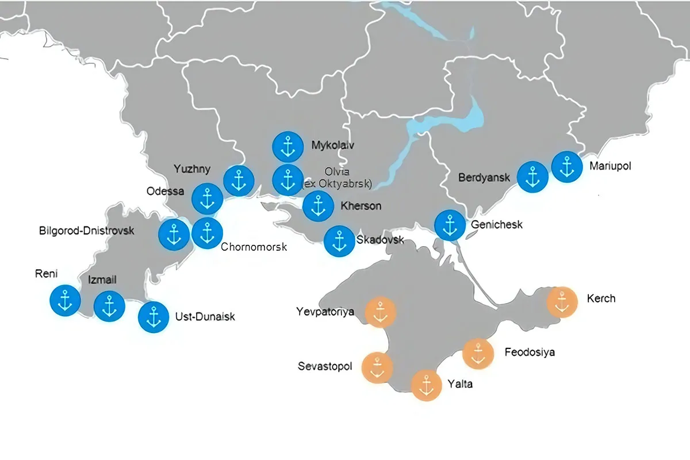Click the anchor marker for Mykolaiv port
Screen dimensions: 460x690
[x=287, y=147]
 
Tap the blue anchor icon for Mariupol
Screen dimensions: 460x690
[x=567, y=166]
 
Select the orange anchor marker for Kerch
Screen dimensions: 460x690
[x=562, y=302]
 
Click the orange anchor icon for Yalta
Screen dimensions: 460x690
[x=427, y=385]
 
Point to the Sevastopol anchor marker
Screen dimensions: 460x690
[x=377, y=367]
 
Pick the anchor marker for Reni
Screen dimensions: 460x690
[x=65, y=300]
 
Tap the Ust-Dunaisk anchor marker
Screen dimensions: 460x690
[x=154, y=317]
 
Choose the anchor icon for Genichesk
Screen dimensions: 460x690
[x=450, y=225]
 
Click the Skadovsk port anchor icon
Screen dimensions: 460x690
[x=339, y=241]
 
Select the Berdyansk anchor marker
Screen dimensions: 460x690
[x=532, y=177]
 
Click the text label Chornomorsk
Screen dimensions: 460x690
[x=254, y=247]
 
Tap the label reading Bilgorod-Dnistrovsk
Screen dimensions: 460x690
[x=86, y=231]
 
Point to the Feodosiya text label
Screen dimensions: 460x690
[x=530, y=352]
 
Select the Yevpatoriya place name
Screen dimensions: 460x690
[x=325, y=312]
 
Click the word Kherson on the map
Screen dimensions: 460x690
[x=361, y=206]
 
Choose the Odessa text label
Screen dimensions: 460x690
[x=165, y=191]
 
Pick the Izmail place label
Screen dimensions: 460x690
[x=102, y=280]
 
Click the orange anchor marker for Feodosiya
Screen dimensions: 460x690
[x=478, y=354]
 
